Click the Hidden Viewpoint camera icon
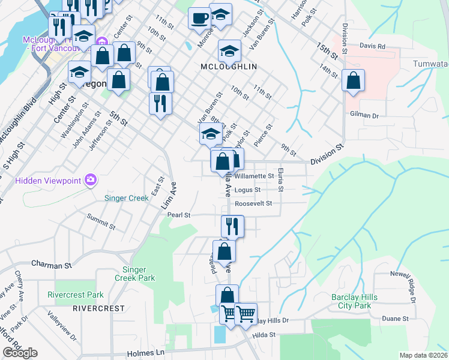point(91,179)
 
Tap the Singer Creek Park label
point(139,274)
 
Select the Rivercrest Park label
point(76,295)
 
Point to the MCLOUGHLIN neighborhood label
point(229,66)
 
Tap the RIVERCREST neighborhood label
point(98,308)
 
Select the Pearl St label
point(179,215)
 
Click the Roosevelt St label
point(253,203)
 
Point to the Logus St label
point(247,190)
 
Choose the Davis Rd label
point(372,46)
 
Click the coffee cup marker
point(199,18)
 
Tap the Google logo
point(20,353)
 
